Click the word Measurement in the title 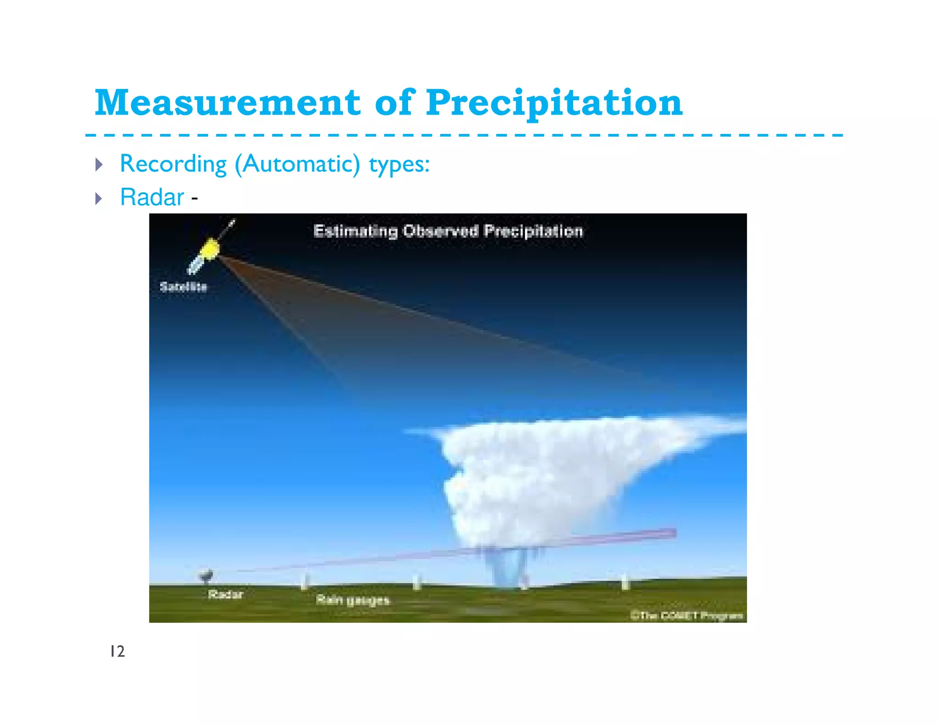(227, 103)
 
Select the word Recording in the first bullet (173, 164)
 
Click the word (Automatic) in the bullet (297, 164)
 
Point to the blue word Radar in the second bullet (152, 198)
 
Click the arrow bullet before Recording (99, 164)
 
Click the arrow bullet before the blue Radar (99, 199)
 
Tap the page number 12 (117, 651)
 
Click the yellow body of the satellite (210, 249)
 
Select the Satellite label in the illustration (183, 287)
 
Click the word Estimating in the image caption (355, 231)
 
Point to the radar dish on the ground (206, 575)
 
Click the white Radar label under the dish (226, 594)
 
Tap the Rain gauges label (353, 600)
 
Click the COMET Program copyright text (686, 615)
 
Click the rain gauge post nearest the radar (304, 582)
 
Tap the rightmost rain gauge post (624, 581)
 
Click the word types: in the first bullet (399, 164)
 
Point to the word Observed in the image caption (441, 231)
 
